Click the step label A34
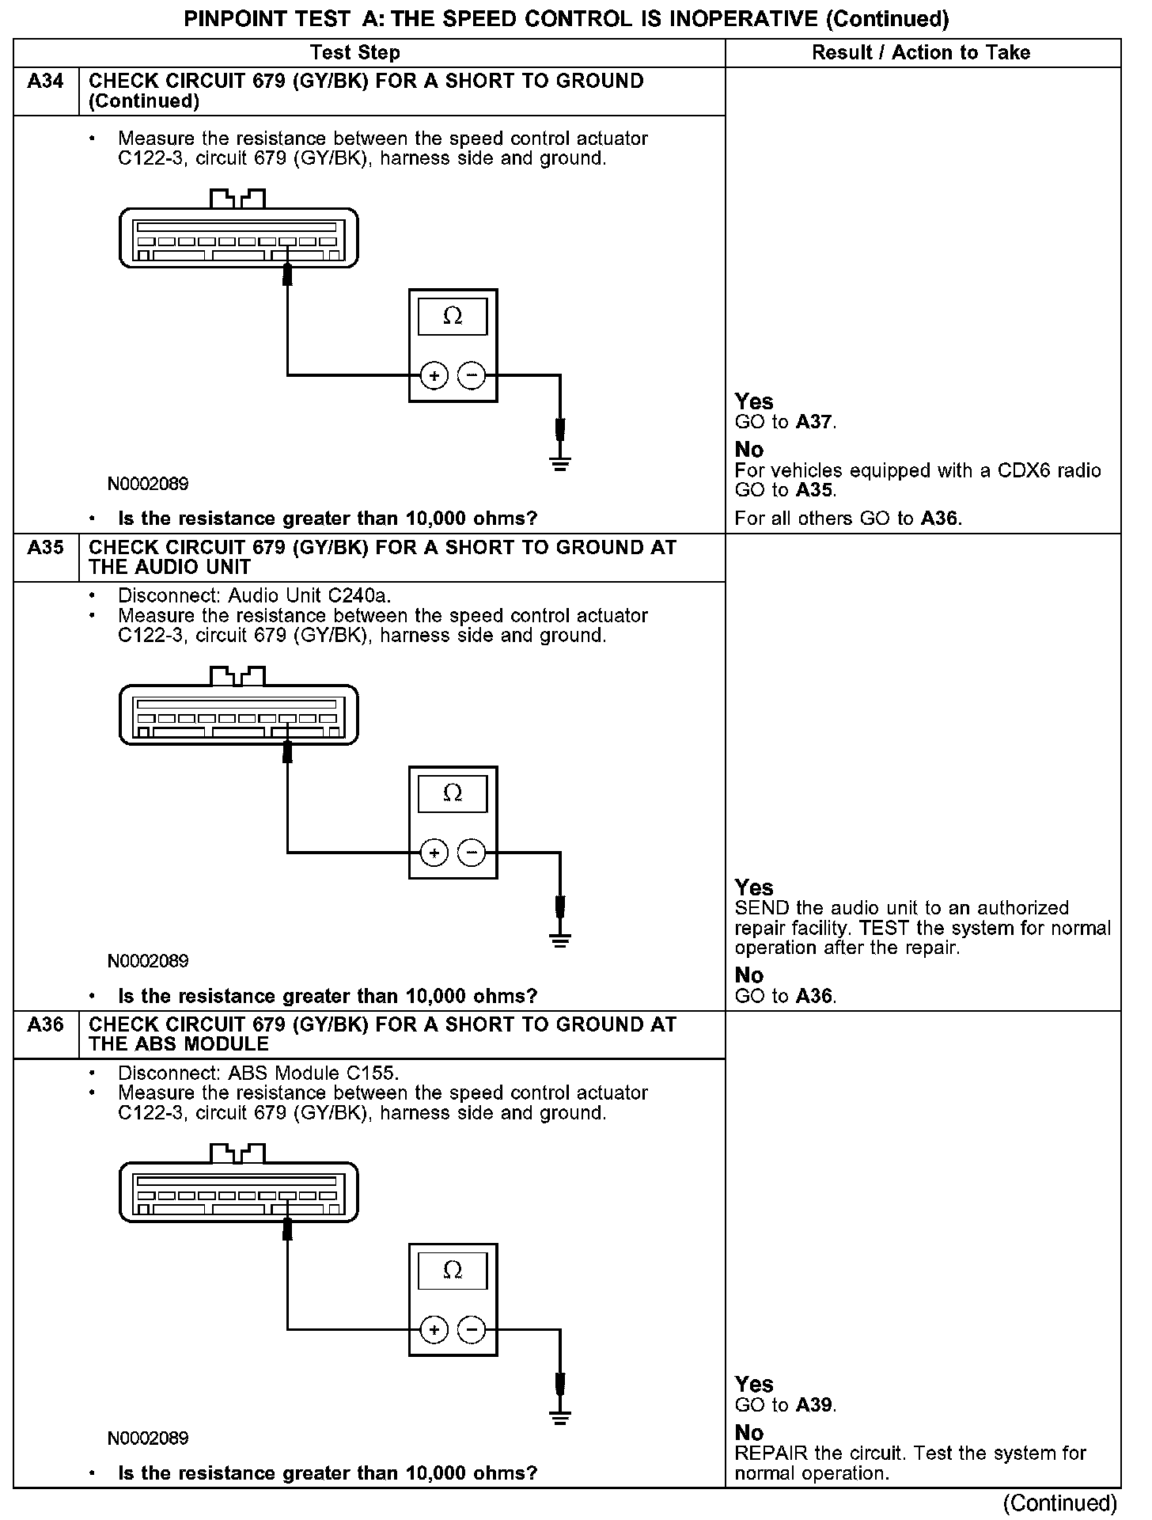click(45, 82)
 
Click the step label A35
click(45, 548)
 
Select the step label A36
click(45, 1024)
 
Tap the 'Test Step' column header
click(355, 53)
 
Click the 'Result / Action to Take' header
click(921, 53)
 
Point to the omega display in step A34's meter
click(453, 317)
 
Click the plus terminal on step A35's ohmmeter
click(434, 853)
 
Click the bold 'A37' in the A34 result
click(814, 422)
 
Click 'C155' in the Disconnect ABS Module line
click(372, 1073)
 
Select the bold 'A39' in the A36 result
click(814, 1405)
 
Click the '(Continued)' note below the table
click(1059, 1503)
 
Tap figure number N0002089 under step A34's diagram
click(149, 484)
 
